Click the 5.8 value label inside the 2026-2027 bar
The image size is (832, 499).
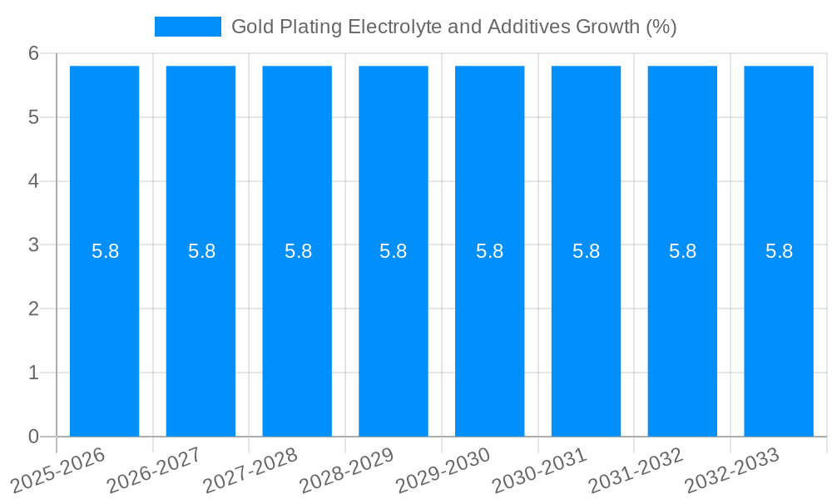click(201, 251)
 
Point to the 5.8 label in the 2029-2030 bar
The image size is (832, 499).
click(490, 251)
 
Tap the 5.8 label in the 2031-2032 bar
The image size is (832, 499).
click(682, 251)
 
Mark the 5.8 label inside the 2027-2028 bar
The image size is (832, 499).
click(298, 251)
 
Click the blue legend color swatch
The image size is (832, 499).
click(188, 27)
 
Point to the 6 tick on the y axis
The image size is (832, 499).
click(33, 53)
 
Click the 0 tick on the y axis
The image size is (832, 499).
click(33, 437)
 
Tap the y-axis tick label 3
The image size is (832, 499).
click(33, 245)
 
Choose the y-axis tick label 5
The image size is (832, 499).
click(33, 117)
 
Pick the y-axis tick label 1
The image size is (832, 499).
click(33, 373)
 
